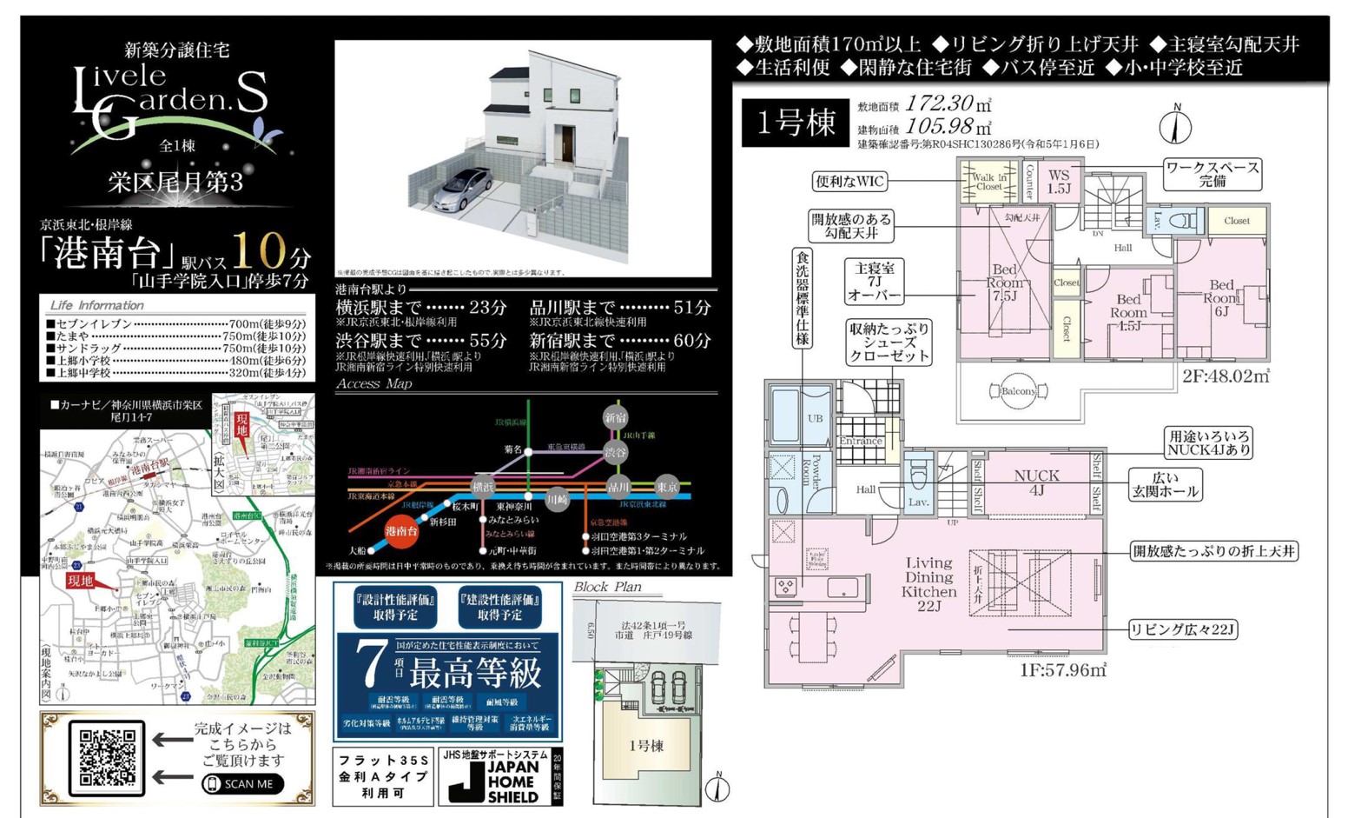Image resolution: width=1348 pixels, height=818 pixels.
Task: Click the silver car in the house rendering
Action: pyautogui.click(x=461, y=188)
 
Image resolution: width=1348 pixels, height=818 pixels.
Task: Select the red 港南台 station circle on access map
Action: pyautogui.click(x=401, y=530)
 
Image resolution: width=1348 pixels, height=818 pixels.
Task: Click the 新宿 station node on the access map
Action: pyautogui.click(x=616, y=417)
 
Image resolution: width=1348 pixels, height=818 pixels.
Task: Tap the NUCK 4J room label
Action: pyautogui.click(x=1036, y=482)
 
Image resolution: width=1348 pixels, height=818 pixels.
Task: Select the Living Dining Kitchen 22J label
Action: pyautogui.click(x=928, y=583)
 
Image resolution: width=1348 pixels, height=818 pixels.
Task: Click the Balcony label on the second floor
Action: pyautogui.click(x=1018, y=391)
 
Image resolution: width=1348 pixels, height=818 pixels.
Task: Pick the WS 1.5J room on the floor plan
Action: pyautogui.click(x=1059, y=181)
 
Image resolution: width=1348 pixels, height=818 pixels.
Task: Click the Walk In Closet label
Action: pyautogui.click(x=988, y=182)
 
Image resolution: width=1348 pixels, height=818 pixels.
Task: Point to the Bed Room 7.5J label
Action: pyautogui.click(x=1004, y=282)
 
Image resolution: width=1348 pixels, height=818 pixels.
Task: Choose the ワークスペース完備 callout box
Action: pyautogui.click(x=1213, y=174)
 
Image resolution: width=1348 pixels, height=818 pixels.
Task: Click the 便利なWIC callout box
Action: pyautogui.click(x=849, y=182)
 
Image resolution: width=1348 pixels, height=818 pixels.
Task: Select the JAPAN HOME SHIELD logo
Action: pyautogui.click(x=499, y=776)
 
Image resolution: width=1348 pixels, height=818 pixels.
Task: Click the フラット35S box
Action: pyautogui.click(x=383, y=776)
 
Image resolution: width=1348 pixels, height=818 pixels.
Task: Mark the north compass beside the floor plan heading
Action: pyautogui.click(x=1175, y=126)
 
